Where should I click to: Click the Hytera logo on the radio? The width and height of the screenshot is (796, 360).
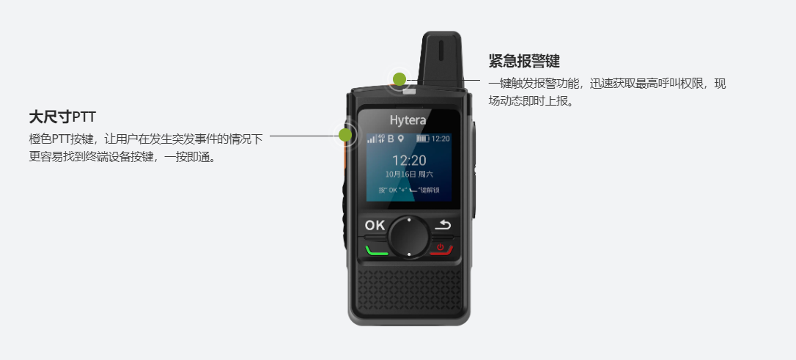click(x=408, y=120)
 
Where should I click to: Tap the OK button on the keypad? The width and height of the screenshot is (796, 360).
click(x=375, y=225)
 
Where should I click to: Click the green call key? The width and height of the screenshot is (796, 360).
click(x=376, y=249)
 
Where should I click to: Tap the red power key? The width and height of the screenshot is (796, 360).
click(x=441, y=248)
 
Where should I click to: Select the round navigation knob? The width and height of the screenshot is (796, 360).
click(x=408, y=235)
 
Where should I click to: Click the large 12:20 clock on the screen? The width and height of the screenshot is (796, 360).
click(x=408, y=159)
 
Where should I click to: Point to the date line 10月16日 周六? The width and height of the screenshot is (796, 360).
click(x=408, y=175)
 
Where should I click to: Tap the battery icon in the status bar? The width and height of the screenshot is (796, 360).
click(x=422, y=138)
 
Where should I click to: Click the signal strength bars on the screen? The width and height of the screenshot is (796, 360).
click(x=371, y=138)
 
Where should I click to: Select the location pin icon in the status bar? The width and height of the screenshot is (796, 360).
click(x=401, y=138)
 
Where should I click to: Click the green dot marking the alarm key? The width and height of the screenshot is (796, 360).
click(x=399, y=79)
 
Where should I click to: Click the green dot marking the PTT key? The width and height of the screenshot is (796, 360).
click(x=344, y=135)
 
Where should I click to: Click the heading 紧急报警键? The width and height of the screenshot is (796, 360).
click(x=524, y=61)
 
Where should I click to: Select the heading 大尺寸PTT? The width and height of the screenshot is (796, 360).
click(x=63, y=117)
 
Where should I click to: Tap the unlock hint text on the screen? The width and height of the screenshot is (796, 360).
click(x=408, y=191)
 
